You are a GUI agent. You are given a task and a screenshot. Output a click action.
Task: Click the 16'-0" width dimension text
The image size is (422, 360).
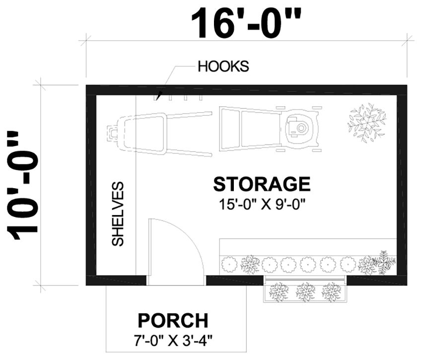click(247, 22)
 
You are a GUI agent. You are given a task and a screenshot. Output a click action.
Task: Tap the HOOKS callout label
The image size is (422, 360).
click(223, 66)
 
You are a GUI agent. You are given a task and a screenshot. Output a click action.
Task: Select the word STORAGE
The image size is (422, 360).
click(262, 184)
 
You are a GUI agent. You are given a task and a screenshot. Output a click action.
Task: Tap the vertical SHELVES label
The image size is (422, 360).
click(118, 214)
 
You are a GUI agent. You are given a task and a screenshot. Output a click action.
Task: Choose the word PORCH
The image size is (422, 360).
click(173, 321)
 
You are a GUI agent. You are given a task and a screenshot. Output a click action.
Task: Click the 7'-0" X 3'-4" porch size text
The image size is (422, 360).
click(173, 341)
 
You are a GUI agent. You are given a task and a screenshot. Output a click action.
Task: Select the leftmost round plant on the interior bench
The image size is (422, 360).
click(229, 263)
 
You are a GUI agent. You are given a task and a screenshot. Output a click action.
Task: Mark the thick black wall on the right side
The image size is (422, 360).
click(403, 184)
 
